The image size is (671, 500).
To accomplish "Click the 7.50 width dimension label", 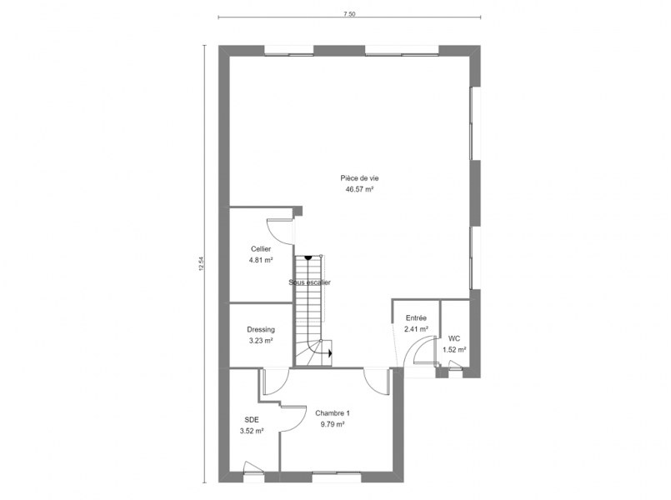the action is click(x=349, y=13).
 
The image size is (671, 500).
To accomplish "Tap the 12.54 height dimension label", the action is click(x=201, y=264).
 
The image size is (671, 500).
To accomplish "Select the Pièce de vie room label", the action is click(x=359, y=178).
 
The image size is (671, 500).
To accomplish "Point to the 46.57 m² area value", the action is click(x=359, y=189).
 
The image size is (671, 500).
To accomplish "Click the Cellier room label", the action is click(x=261, y=249).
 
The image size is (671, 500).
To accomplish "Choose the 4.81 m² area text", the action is click(x=261, y=260).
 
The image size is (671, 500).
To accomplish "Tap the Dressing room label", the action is click(x=261, y=329).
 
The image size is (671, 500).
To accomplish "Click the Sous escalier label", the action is click(x=309, y=282).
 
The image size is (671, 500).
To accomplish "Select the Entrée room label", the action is click(x=416, y=318).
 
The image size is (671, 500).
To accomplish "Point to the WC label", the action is click(x=454, y=339).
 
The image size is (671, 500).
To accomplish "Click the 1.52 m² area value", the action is click(x=454, y=349).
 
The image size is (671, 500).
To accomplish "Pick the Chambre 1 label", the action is click(x=333, y=413).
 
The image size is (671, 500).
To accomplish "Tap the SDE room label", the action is click(x=252, y=420).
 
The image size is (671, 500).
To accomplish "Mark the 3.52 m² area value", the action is click(x=252, y=431).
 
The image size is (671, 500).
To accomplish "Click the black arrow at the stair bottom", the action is click(x=330, y=353).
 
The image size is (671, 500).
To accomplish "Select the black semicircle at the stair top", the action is click(x=308, y=257).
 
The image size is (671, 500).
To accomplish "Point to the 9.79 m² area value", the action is click(x=333, y=424).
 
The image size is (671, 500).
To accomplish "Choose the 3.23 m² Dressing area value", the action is click(x=261, y=341).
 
